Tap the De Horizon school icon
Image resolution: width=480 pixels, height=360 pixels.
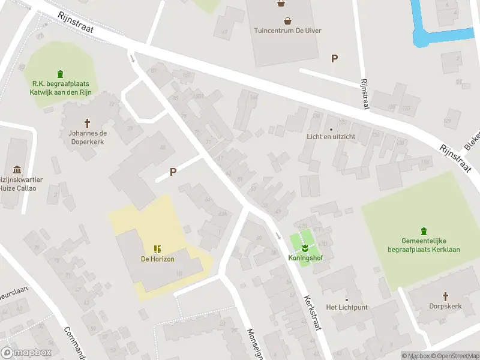click(157, 248)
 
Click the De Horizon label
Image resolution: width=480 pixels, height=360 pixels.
click(158, 259)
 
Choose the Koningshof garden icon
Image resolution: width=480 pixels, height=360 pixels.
click(304, 247)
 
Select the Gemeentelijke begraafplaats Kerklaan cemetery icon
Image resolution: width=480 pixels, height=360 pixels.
click(424, 230)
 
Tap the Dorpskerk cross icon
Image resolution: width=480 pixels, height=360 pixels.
click(445, 296)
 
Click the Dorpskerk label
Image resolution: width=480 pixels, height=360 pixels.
click(445, 306)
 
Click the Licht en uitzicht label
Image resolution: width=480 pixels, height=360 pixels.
click(331, 136)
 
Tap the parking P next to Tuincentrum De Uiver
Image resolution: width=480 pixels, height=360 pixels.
click(334, 58)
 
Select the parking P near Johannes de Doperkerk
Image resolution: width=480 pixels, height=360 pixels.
click(173, 172)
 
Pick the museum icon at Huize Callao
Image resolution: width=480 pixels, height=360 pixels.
click(17, 170)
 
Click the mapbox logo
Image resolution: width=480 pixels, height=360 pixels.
click(26, 352)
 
